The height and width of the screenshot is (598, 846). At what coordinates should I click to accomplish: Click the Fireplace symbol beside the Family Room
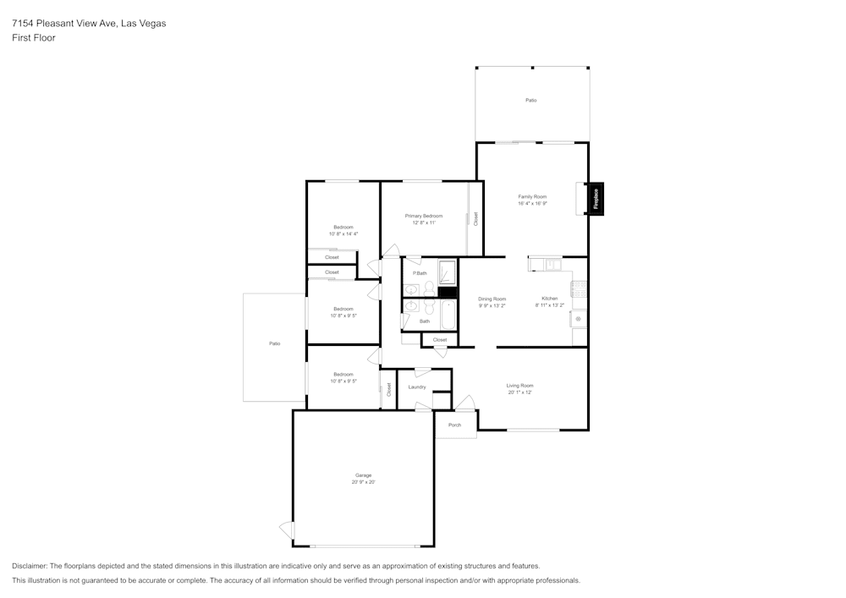click(x=596, y=199)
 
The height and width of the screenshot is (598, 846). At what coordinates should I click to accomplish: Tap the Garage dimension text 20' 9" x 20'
click(x=363, y=482)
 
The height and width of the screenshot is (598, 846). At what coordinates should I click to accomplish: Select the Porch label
click(x=454, y=425)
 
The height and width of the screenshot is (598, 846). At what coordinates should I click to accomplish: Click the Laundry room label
click(x=416, y=387)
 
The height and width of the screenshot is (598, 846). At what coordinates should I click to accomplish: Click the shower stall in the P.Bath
click(x=447, y=272)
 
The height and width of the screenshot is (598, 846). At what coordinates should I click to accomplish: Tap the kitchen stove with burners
click(x=579, y=288)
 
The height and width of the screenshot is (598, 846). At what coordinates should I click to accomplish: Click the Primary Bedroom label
click(x=423, y=216)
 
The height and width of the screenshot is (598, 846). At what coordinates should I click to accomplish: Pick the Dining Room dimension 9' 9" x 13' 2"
click(x=492, y=305)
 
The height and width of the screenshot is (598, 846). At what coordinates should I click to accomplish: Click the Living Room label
click(x=519, y=386)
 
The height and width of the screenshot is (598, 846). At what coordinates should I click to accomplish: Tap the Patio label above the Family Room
click(x=530, y=101)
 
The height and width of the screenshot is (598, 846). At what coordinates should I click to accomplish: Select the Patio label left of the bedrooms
click(x=274, y=343)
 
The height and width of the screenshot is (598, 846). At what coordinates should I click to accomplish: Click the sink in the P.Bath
click(x=412, y=289)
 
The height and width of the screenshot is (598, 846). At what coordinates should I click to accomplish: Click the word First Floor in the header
click(x=34, y=38)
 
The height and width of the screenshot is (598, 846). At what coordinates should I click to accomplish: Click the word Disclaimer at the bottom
click(x=30, y=566)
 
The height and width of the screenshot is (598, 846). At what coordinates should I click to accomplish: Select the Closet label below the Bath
click(x=440, y=340)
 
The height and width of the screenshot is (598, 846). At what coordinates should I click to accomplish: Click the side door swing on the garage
click(x=287, y=530)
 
